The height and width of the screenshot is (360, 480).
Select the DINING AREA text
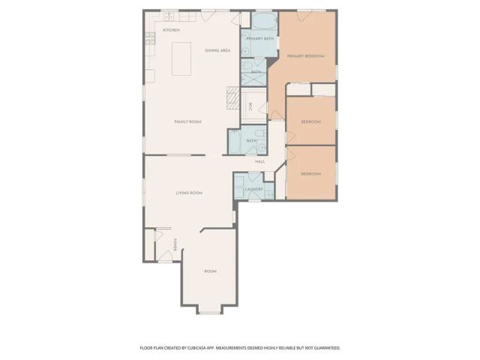point(217,50)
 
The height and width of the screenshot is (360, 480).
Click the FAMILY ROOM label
point(187,121)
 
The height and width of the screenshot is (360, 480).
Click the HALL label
point(259,161)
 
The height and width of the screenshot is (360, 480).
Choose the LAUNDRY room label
point(253,189)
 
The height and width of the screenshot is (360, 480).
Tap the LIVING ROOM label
point(189,193)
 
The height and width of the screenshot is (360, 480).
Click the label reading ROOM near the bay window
point(210,271)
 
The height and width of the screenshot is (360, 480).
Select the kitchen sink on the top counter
point(170,16)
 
